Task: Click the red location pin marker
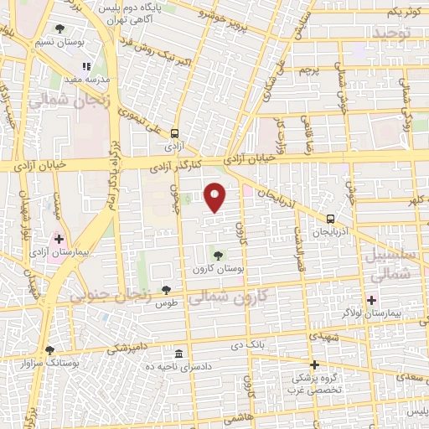pos(215,197)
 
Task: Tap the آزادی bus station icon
pos(174,133)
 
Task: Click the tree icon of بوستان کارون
pos(219,256)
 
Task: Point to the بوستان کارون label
pos(219,269)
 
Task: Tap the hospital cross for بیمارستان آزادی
pos(59,239)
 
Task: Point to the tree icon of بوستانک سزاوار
pos(49,350)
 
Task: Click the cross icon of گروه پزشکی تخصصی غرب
pos(315,364)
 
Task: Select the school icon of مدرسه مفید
pos(85,65)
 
